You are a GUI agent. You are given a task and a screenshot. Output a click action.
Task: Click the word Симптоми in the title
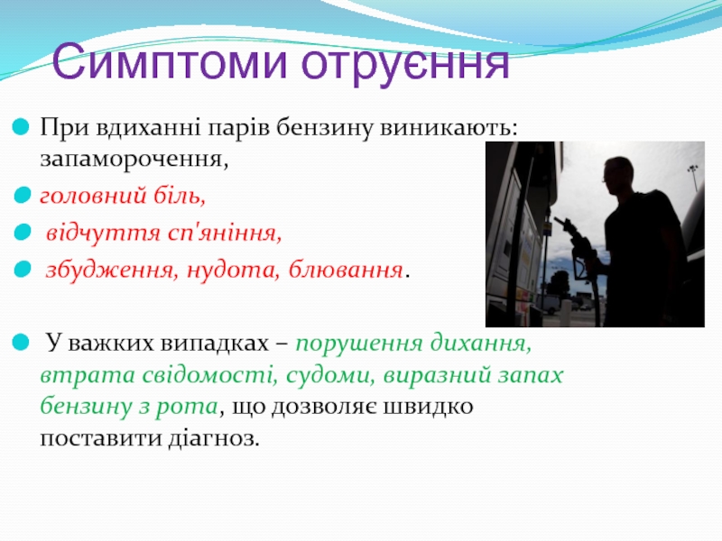pos(170,61)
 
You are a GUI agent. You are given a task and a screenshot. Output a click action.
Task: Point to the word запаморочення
pos(134,160)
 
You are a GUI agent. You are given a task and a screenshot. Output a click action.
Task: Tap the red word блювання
pos(346,270)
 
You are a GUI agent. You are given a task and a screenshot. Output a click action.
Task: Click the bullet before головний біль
pos(22,196)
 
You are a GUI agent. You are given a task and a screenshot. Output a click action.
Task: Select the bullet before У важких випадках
pos(21,343)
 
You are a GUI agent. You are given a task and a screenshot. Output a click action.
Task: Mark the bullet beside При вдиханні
pos(21,127)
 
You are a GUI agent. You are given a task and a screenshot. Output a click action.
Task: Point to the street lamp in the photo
pos(693,177)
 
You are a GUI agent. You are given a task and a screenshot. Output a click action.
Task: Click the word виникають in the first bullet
pos(445,127)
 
